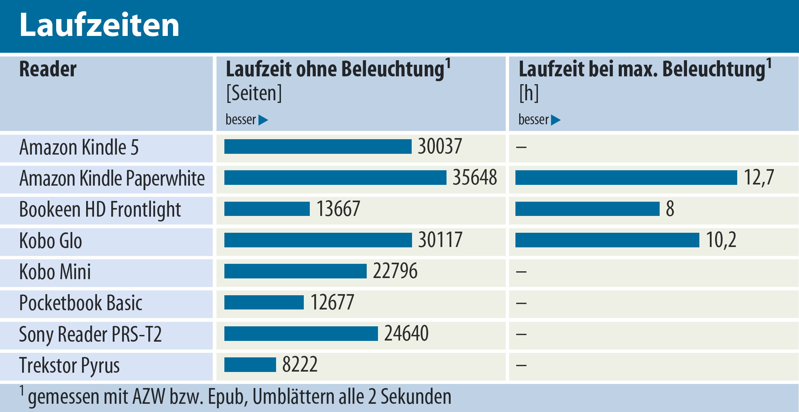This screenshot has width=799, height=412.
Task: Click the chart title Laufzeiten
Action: pyautogui.click(x=99, y=25)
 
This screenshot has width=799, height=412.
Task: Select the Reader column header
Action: pyautogui.click(x=48, y=69)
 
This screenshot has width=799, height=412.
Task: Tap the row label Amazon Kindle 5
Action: pyautogui.click(x=79, y=147)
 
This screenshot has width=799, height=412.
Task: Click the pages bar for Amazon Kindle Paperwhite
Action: pyautogui.click(x=335, y=178)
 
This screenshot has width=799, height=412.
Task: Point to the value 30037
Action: pyautogui.click(x=440, y=146)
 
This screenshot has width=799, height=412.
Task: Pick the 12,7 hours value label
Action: pyautogui.click(x=759, y=178)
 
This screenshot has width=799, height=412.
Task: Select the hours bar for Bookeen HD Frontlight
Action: pyautogui.click(x=587, y=209)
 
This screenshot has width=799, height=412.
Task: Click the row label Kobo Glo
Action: pyautogui.click(x=51, y=241)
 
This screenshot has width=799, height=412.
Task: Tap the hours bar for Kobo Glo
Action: pyautogui.click(x=607, y=240)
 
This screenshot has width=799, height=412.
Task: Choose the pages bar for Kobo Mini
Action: pyautogui.click(x=295, y=271)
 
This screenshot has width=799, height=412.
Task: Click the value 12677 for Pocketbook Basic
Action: pyautogui.click(x=332, y=302)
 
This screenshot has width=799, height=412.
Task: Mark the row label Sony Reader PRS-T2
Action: pyautogui.click(x=90, y=334)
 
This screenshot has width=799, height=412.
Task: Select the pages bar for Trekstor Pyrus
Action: pyautogui.click(x=250, y=365)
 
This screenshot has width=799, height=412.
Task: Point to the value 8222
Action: pyautogui.click(x=300, y=365)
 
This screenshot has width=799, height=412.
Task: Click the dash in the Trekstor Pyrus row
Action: pyautogui.click(x=521, y=365)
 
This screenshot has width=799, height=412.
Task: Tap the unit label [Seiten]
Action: pyautogui.click(x=254, y=93)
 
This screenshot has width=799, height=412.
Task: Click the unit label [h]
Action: pyautogui.click(x=529, y=93)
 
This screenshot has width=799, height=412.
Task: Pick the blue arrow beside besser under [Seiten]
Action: pyautogui.click(x=263, y=120)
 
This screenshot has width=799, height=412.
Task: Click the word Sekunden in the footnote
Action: pyautogui.click(x=416, y=397)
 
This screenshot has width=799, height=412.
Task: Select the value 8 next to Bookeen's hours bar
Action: pyautogui.click(x=670, y=209)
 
